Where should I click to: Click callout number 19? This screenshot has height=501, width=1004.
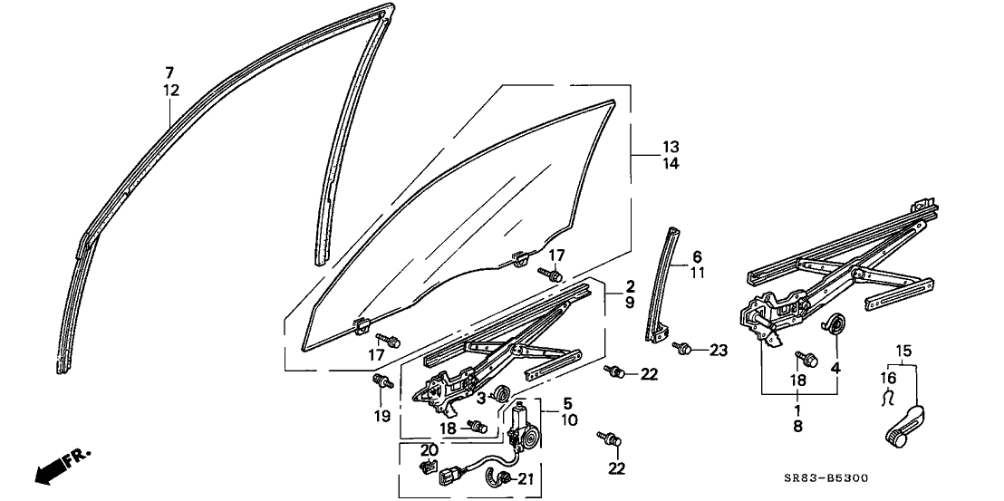pos(381,416)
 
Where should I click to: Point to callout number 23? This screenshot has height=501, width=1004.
pos(718,351)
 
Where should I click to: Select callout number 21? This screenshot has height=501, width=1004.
pos(527,478)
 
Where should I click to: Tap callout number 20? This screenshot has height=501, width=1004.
pos(429,449)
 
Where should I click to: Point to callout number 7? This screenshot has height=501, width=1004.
pos(169,72)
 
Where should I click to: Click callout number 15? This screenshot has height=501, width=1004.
pos(903,350)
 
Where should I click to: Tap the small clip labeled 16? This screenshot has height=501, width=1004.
pos(887,397)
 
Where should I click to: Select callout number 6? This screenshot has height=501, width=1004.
pos(697,256)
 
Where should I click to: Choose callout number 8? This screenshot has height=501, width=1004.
pos(797,424)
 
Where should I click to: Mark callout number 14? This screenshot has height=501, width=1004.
pos(670,164)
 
